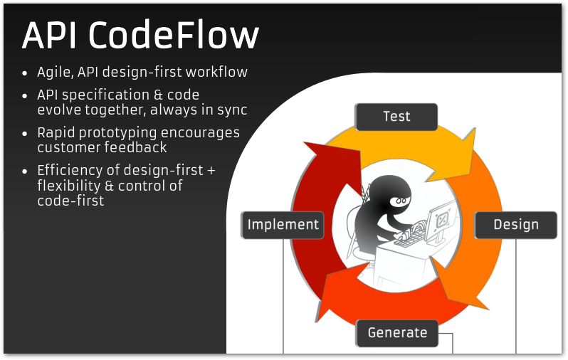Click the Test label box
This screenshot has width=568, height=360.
point(396,117)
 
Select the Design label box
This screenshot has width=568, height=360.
point(516,225)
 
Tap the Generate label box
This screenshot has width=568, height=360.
point(397,333)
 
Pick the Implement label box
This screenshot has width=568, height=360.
point(283,225)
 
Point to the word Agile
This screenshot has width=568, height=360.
point(56,73)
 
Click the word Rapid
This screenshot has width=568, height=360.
point(57,133)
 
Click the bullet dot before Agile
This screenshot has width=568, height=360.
point(26,73)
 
